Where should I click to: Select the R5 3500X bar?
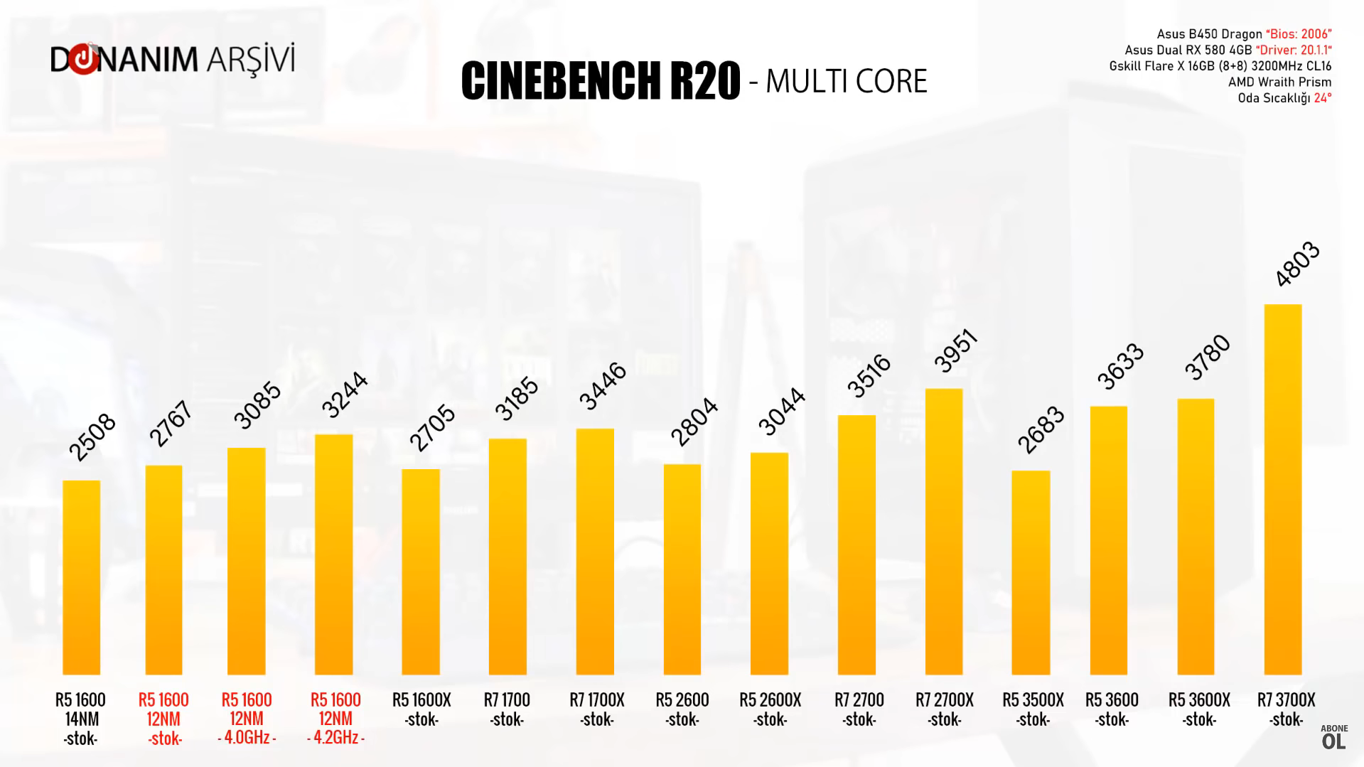tap(1031, 572)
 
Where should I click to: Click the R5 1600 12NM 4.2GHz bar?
tap(333, 554)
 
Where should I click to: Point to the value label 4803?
tap(1297, 264)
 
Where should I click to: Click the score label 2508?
tap(92, 436)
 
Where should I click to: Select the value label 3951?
tap(956, 350)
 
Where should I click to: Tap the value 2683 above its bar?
tap(1041, 429)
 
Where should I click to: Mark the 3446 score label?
tap(603, 386)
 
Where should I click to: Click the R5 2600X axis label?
tap(770, 709)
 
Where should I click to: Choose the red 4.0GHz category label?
tap(247, 737)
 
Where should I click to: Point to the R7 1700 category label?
tap(507, 709)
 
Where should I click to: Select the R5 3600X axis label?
tap(1199, 709)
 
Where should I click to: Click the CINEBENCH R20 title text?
tap(600, 81)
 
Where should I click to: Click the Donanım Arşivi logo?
tap(172, 60)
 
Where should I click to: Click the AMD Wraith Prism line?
tap(1279, 82)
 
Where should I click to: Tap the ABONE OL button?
tap(1333, 738)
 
